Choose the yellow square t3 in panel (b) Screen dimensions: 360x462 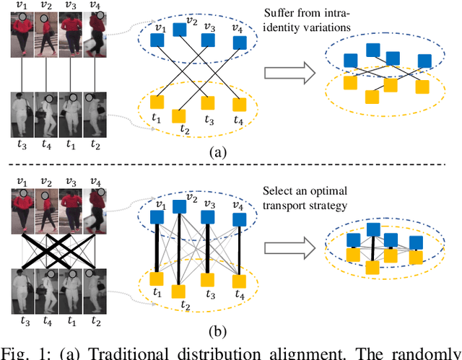pyautogui.click(x=207, y=278)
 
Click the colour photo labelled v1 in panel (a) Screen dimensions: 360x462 pyautogui.click(x=20, y=35)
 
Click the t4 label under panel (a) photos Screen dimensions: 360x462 pyautogui.click(x=45, y=142)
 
